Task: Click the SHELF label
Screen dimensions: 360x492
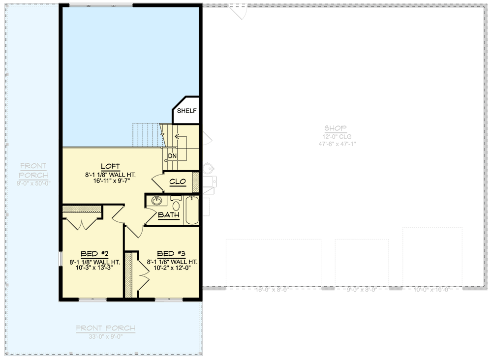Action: point(186,111)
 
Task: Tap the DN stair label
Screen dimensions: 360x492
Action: point(172,156)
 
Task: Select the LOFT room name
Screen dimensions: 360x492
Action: point(111,166)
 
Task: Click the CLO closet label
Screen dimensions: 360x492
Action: point(177,181)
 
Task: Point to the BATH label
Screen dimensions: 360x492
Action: point(168,215)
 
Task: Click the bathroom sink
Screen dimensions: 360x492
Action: point(157,201)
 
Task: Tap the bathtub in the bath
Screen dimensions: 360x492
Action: point(191,210)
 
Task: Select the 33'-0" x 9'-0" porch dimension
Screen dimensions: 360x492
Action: point(105,337)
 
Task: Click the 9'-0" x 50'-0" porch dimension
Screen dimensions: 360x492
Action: point(33,183)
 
